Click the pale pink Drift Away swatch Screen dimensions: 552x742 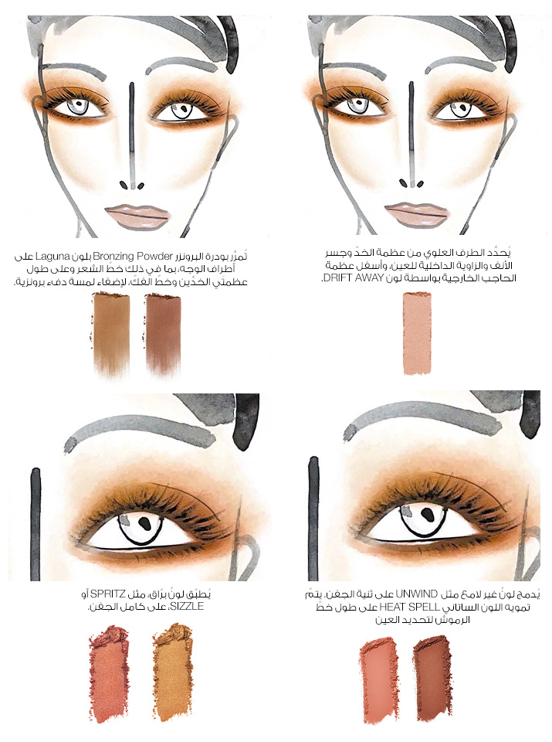click(417, 333)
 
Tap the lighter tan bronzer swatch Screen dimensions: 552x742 click(111, 334)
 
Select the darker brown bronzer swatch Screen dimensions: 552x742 click(163, 334)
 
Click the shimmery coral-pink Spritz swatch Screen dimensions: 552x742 click(109, 671)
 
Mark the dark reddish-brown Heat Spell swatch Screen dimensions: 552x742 click(432, 677)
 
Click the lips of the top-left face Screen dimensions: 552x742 click(137, 216)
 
